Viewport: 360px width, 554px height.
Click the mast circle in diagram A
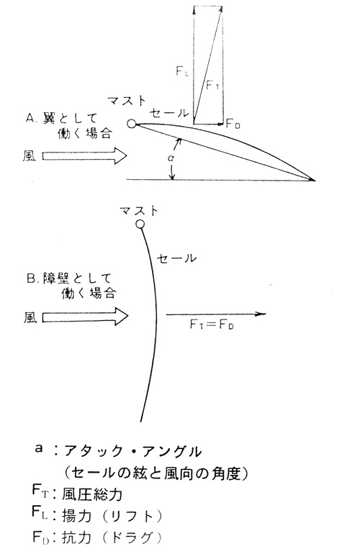pyautogui.click(x=132, y=124)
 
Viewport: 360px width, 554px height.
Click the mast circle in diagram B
pyautogui.click(x=140, y=224)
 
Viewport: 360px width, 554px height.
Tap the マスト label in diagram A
pyautogui.click(x=127, y=101)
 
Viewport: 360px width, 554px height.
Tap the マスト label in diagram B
pyautogui.click(x=139, y=211)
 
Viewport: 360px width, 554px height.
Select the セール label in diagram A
pyautogui.click(x=169, y=113)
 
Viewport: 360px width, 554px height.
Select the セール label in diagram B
pyautogui.click(x=176, y=258)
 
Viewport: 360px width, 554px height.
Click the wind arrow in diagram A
pyautogui.click(x=84, y=156)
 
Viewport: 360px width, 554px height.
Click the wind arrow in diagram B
pyautogui.click(x=85, y=317)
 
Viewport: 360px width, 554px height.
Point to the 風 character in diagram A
pyautogui.click(x=30, y=155)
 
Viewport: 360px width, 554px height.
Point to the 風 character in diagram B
pyautogui.click(x=30, y=317)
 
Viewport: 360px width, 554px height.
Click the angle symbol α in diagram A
pyautogui.click(x=171, y=158)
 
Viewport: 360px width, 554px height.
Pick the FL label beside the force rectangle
pyautogui.click(x=182, y=71)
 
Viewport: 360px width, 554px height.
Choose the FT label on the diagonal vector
pyautogui.click(x=213, y=85)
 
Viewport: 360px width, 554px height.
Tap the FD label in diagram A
pyautogui.click(x=233, y=124)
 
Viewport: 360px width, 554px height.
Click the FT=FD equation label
pyautogui.click(x=212, y=324)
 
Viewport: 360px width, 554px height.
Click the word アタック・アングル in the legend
pyautogui.click(x=132, y=451)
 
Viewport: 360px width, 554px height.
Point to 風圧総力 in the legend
pyautogui.click(x=92, y=494)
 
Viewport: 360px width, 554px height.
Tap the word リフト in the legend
pyautogui.click(x=132, y=516)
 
